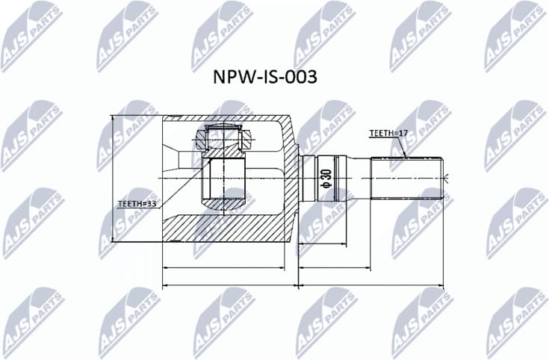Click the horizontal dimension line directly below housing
224,268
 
